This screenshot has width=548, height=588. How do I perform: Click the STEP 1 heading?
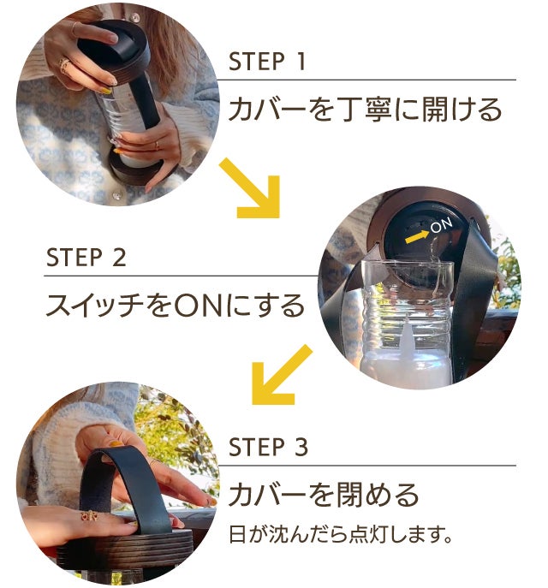(266, 62)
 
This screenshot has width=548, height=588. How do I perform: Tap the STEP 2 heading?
(86, 258)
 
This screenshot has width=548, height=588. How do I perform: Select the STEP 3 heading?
(268, 447)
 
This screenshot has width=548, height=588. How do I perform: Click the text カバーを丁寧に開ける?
(365, 109)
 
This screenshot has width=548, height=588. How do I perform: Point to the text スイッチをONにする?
(176, 306)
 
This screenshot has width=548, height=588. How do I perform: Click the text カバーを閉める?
(324, 494)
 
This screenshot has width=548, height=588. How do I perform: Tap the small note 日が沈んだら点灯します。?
(341, 534)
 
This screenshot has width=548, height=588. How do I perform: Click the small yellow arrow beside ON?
(417, 237)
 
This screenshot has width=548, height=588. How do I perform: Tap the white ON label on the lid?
(442, 225)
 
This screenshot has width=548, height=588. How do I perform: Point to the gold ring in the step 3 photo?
(90, 517)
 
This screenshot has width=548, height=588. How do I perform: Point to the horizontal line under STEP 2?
(181, 276)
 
